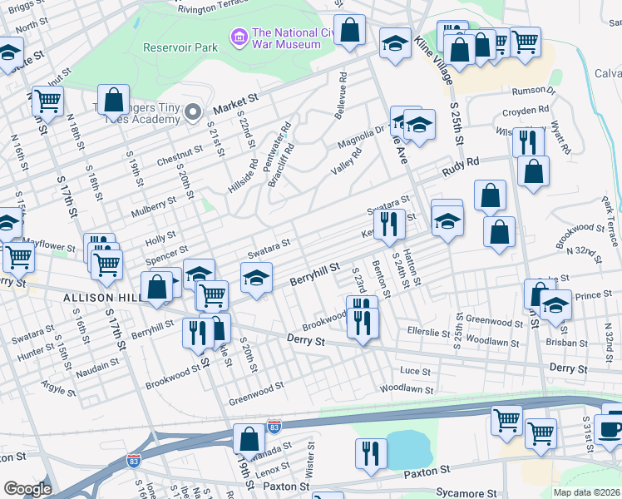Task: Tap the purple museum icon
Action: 239,37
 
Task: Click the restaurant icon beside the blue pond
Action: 371,453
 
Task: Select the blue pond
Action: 406,449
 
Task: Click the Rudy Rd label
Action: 462,168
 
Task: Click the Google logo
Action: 27,489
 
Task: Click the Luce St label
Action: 416,371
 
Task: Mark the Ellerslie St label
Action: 429,330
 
